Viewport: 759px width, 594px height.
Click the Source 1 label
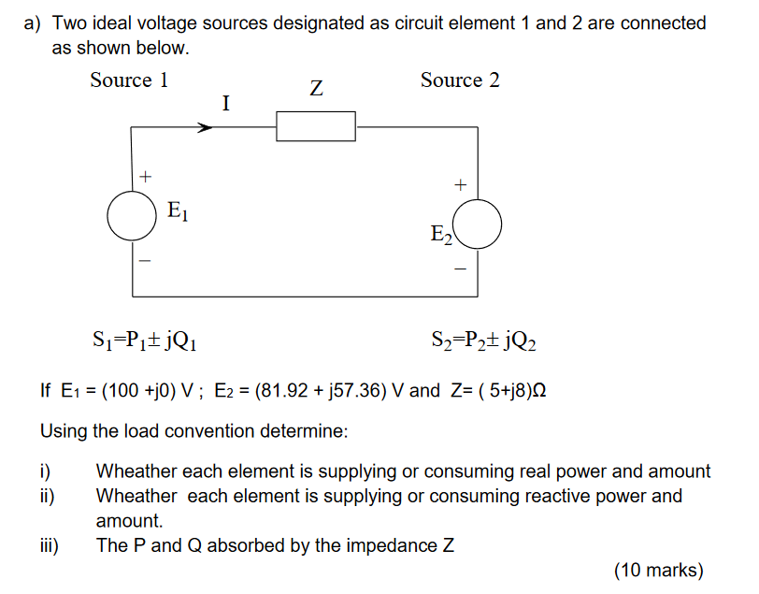(129, 80)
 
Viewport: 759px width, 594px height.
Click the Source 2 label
(460, 80)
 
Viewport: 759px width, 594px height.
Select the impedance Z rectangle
(316, 126)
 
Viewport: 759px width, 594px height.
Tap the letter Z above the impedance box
(316, 90)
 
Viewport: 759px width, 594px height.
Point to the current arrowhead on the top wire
(204, 126)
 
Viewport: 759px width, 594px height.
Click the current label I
(225, 103)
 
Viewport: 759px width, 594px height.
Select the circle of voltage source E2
(480, 225)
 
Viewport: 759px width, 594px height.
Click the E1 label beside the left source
(179, 212)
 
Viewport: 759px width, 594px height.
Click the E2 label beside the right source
(441, 235)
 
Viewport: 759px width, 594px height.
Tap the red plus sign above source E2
(459, 185)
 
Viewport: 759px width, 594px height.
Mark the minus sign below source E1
(144, 261)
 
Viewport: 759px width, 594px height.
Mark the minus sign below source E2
(459, 269)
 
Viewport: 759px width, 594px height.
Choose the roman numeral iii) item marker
(50, 545)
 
